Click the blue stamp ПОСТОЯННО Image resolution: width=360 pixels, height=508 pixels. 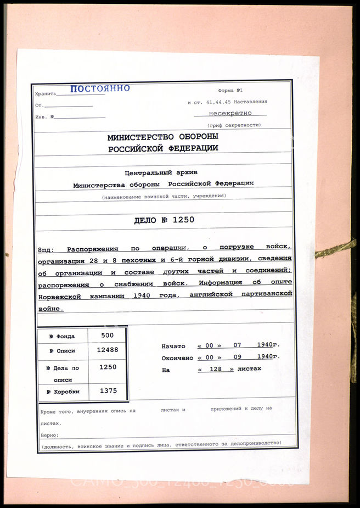coord(100,88)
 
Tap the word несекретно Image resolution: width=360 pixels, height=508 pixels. coord(230,113)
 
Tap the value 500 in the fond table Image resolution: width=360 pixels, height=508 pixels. coord(109,335)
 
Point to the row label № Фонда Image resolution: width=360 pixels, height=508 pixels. coord(61,336)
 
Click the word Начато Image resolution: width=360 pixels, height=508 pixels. coord(173,347)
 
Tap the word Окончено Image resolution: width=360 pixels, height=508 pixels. coord(177,358)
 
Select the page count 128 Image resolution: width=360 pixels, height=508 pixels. coord(216,369)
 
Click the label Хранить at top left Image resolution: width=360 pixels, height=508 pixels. coord(45,94)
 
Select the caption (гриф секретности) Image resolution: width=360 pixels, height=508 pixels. coord(230,125)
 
